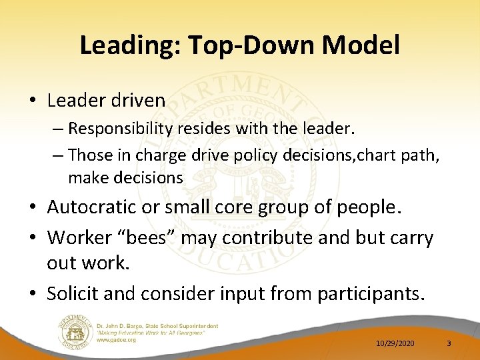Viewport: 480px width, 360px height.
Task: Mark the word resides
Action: [199, 127]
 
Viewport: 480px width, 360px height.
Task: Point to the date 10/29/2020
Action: [395, 343]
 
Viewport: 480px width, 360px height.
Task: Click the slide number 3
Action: [449, 343]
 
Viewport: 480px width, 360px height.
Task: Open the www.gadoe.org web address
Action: [117, 339]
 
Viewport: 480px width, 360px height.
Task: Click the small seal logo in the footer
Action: [75, 331]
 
